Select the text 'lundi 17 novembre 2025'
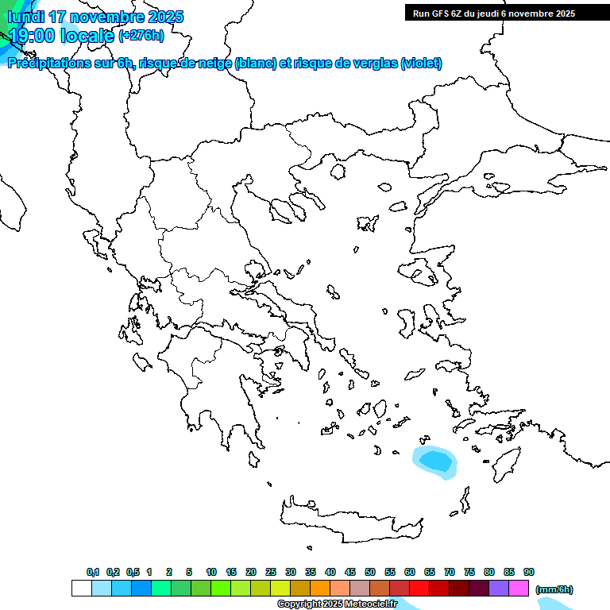pos(95,17)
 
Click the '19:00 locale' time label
pos(61,36)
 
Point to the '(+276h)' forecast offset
pos(141,35)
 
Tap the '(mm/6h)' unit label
pos(554,589)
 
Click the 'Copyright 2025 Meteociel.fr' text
pos(337,604)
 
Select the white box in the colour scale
pos(81,589)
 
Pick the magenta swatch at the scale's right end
pos(519,589)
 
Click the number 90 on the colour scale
pos(529,572)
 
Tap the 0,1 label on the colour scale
pos(93,572)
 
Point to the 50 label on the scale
pos(370,572)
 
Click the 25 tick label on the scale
pos(271,572)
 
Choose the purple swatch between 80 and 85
pos(499,589)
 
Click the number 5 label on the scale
pos(189,572)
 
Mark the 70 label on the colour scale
pos(450,572)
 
